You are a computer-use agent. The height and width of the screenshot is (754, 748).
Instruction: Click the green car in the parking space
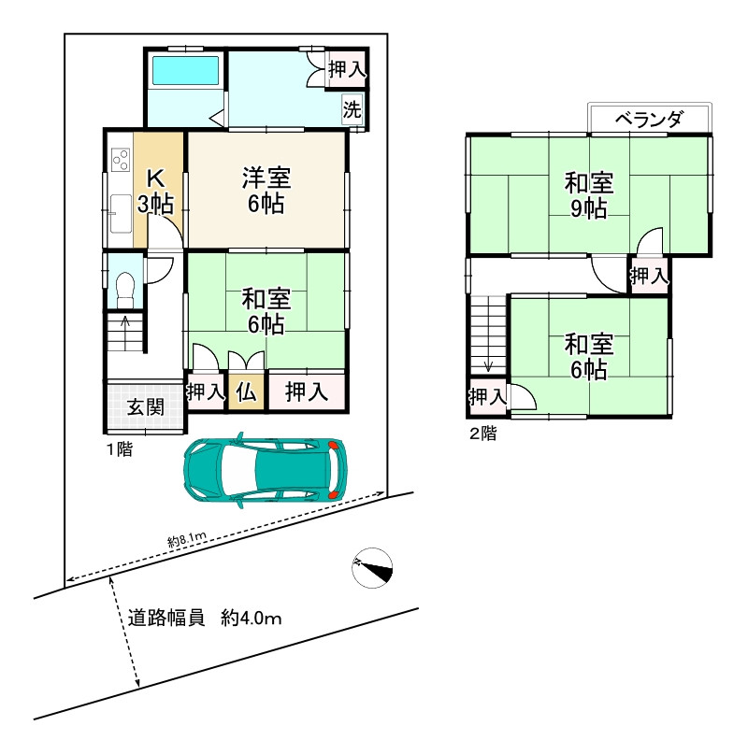[266, 469]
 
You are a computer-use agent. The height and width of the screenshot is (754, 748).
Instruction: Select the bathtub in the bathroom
[185, 71]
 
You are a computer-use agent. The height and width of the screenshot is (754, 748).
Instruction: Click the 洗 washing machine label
[352, 108]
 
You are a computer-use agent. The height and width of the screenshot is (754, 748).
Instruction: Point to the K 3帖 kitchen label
[156, 190]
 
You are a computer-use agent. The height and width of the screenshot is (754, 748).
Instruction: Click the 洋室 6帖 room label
[266, 190]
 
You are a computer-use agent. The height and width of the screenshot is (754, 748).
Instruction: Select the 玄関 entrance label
[146, 406]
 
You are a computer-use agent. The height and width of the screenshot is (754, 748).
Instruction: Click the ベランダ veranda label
[650, 120]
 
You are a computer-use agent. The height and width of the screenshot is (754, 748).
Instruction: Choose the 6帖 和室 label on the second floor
[589, 357]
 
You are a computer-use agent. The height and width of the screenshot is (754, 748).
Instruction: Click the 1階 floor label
[119, 449]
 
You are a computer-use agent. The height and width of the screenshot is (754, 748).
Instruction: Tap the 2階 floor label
[482, 433]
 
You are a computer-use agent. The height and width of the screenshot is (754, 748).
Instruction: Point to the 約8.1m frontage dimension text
[187, 539]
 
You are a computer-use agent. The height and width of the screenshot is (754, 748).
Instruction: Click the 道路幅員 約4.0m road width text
[205, 618]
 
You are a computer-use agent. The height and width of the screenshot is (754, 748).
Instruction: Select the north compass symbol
[373, 567]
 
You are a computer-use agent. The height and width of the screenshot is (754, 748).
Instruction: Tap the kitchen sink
[119, 214]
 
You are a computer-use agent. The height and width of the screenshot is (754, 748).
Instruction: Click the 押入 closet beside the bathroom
[346, 68]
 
